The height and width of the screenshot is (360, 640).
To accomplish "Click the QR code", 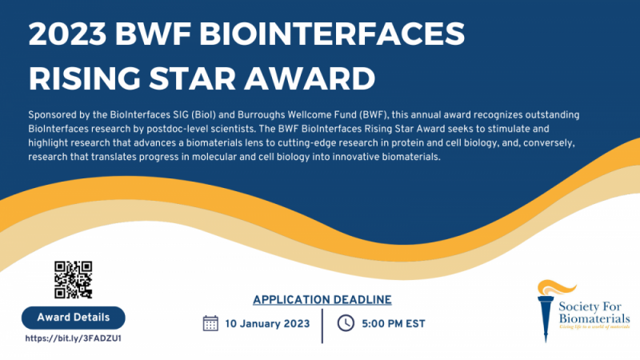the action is (x=74, y=279).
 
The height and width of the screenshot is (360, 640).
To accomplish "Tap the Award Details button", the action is (x=74, y=318).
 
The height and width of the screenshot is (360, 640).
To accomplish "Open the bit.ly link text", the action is (x=74, y=338).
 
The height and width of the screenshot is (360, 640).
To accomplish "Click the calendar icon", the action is (x=210, y=323).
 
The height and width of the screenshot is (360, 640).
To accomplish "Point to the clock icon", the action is (x=346, y=323).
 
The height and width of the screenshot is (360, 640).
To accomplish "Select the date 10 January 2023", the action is (x=267, y=324).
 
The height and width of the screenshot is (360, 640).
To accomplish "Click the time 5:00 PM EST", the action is (x=394, y=324).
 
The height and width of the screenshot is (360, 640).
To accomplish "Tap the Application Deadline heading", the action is (x=322, y=299).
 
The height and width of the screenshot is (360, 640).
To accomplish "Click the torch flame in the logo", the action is (x=556, y=287).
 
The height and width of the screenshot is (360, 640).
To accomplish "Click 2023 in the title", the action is (x=67, y=34).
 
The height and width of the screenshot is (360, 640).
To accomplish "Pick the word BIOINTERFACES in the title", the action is (x=332, y=34).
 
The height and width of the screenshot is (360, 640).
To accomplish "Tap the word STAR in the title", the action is (x=192, y=78).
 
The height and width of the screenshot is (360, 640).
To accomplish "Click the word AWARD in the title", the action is (x=310, y=78).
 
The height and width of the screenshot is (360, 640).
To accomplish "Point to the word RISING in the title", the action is (x=85, y=78).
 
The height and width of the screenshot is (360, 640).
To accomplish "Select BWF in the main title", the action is (x=153, y=34).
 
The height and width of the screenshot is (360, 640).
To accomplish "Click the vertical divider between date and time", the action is (x=322, y=326).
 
